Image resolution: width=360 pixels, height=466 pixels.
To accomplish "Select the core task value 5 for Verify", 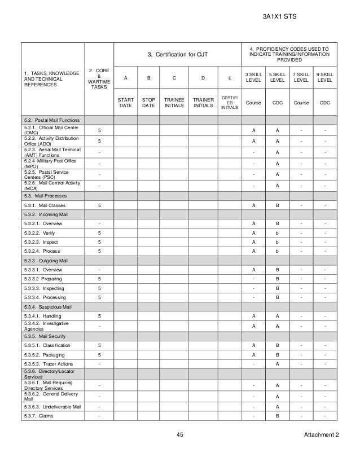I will (x=99, y=232).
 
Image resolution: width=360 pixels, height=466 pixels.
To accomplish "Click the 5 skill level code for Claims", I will (x=277, y=416).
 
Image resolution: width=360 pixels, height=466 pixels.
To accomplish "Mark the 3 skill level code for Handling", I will (x=253, y=316).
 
